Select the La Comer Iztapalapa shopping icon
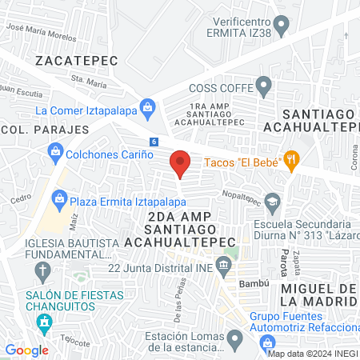147,106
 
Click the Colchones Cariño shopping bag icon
55,150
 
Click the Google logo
26,350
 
